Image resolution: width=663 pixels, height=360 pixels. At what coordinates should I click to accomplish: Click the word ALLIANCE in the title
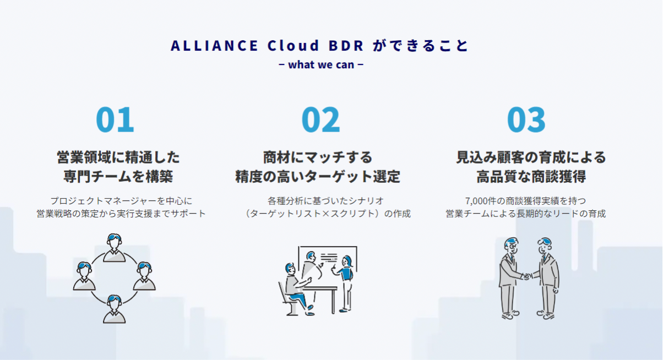click(214, 45)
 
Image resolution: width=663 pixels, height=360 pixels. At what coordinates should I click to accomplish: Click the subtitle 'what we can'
click(320, 64)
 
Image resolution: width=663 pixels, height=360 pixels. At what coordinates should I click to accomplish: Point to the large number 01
click(115, 119)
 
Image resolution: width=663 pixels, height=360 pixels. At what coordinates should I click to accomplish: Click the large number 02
click(320, 119)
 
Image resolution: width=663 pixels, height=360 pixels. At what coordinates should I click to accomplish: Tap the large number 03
click(526, 119)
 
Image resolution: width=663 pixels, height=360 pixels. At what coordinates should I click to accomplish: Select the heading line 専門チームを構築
click(118, 177)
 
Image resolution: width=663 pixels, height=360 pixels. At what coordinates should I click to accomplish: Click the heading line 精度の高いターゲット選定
click(318, 177)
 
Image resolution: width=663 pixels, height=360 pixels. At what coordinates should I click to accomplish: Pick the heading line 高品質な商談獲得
click(531, 177)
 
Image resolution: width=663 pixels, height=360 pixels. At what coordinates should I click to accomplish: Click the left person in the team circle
click(84, 276)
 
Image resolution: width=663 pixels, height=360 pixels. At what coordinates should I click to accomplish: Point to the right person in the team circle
click(144, 276)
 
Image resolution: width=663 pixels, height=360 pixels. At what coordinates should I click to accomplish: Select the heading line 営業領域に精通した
click(118, 157)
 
